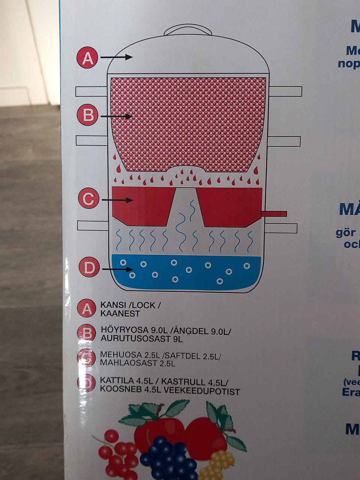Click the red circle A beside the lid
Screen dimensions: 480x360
(87, 58)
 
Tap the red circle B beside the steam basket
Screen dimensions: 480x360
(88, 114)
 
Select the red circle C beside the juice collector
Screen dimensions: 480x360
(88, 199)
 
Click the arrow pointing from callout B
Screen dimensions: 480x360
(117, 117)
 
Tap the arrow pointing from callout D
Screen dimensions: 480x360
(117, 269)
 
